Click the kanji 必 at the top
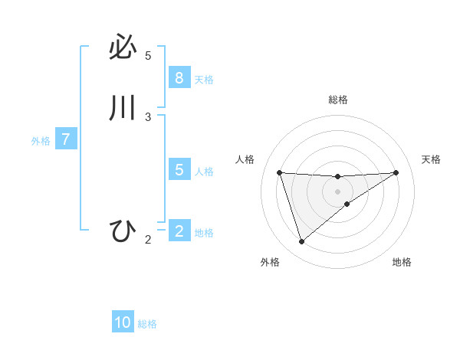(123, 48)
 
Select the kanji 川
(123, 108)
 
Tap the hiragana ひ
(123, 231)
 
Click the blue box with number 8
(179, 77)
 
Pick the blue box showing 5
(179, 170)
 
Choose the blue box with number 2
(179, 231)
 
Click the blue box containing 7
(66, 139)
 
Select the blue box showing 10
(123, 322)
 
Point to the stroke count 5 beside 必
(148, 56)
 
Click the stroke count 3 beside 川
(148, 117)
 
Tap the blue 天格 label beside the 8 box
(204, 79)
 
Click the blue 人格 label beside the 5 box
(204, 172)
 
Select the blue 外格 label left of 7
(41, 141)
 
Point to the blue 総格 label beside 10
(147, 324)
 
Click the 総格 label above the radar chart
(337, 100)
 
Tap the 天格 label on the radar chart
(431, 159)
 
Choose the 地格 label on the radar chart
(402, 262)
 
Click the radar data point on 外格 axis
(301, 242)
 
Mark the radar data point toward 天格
(396, 172)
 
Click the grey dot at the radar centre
(337, 191)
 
